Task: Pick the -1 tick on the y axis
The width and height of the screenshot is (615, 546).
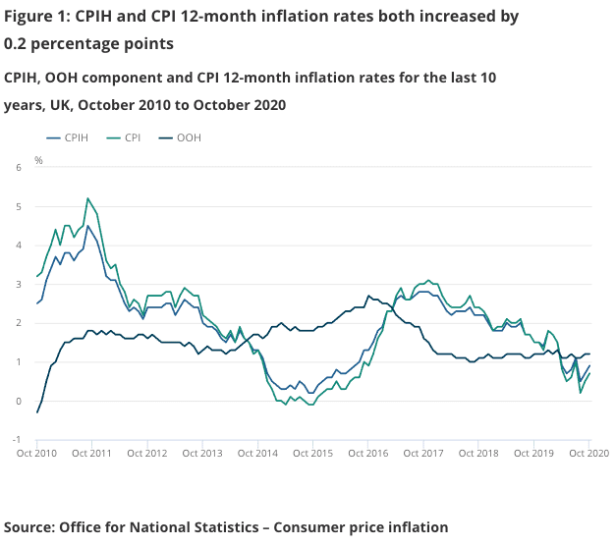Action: pyautogui.click(x=16, y=439)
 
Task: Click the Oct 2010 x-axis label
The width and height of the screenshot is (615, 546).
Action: pyautogui.click(x=37, y=454)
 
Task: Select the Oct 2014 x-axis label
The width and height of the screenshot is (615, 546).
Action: pyautogui.click(x=257, y=454)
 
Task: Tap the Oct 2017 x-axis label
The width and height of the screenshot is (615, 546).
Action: pyautogui.click(x=421, y=454)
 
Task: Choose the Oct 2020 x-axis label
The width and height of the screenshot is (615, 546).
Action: pyautogui.click(x=587, y=454)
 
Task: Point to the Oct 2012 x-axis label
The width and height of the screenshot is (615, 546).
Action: pyautogui.click(x=147, y=454)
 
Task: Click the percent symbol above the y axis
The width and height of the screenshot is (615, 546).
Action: pyautogui.click(x=38, y=159)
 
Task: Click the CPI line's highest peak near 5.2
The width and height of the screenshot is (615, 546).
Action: pyautogui.click(x=88, y=198)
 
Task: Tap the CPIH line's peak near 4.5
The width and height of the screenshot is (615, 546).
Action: pyautogui.click(x=88, y=226)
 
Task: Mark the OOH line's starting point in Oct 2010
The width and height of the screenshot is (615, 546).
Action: pyautogui.click(x=37, y=412)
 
